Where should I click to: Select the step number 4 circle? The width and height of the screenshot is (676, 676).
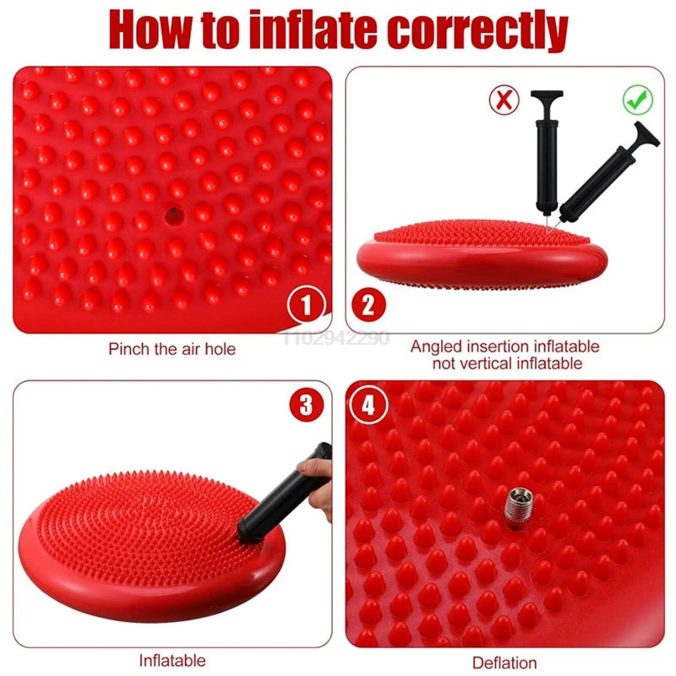tap(368, 406)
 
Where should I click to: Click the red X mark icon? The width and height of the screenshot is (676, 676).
tap(504, 101)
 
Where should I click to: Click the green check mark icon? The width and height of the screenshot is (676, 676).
tap(638, 100)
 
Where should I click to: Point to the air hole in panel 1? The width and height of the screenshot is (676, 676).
tap(174, 214)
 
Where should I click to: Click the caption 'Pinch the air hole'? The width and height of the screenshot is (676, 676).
tap(172, 348)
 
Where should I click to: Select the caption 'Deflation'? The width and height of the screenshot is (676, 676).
tap(504, 662)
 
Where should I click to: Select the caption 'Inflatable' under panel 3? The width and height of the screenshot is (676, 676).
tap(172, 660)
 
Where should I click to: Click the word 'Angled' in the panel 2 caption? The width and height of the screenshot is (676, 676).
tap(435, 346)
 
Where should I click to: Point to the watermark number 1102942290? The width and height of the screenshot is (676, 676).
tap(335, 338)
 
